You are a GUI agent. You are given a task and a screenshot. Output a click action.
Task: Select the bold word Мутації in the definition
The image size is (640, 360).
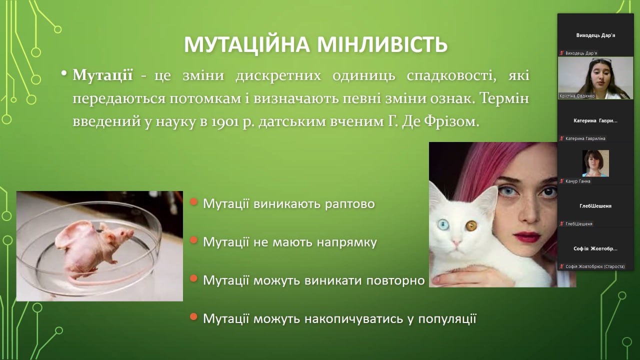tap(103, 75)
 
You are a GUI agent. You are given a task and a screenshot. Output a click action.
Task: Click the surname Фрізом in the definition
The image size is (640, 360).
tap(451, 121)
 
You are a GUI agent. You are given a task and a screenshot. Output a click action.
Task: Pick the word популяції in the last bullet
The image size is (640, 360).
tap(447, 319)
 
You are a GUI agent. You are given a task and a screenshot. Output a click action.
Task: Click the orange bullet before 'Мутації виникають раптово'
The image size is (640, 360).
tap(193, 202)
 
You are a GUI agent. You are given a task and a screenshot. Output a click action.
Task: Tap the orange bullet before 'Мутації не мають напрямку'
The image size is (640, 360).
tap(193, 240)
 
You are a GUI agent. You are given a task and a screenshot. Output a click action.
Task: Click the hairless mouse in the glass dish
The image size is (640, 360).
tap(91, 248)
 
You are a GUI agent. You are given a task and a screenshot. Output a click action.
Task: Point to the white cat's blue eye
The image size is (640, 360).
tap(443, 224)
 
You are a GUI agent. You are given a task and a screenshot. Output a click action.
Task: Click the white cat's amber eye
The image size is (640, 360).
tap(471, 226)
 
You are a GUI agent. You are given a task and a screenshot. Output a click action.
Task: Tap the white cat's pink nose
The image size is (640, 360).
tap(456, 243)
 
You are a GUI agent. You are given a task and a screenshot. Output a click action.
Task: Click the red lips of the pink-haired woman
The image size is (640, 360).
tap(527, 237)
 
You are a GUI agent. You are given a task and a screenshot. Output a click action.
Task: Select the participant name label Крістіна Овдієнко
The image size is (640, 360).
tap(577, 96)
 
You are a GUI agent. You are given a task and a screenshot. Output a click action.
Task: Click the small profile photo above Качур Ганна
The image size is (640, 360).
tap(595, 163)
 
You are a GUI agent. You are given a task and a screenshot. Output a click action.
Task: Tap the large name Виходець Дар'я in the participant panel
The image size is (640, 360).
tap(595, 35)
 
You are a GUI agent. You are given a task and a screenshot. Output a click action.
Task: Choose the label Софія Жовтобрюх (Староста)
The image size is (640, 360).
tap(595, 266)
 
